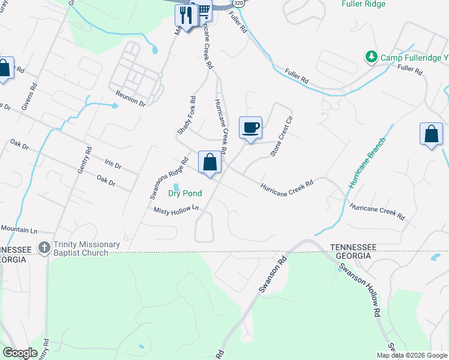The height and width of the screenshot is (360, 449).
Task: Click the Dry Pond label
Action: (x=185, y=193)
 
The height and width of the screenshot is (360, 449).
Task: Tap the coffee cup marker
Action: (x=250, y=127)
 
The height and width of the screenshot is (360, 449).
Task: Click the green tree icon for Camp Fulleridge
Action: (x=371, y=57)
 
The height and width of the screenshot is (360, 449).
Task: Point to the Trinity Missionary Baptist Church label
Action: (x=86, y=248)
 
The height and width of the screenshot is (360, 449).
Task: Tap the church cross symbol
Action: (x=44, y=247)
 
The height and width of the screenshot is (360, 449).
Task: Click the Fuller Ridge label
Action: (x=363, y=4)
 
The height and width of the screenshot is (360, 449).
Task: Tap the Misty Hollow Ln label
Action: (x=175, y=209)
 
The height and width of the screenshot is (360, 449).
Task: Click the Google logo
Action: (x=19, y=353)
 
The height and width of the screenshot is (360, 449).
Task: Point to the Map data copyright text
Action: (x=412, y=355)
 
